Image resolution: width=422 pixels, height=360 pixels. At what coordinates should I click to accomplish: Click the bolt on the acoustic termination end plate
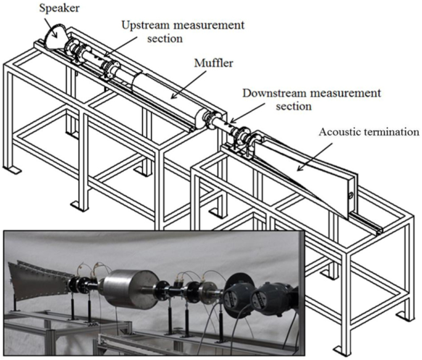click(x=351, y=196)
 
